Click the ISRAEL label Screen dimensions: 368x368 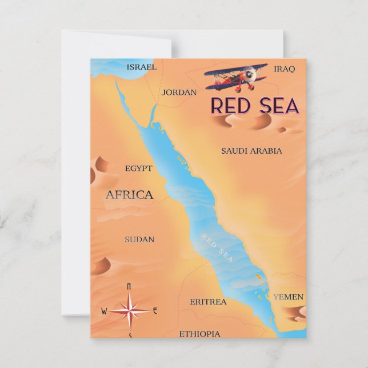[x=141, y=67]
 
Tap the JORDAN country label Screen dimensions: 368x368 [x=179, y=92]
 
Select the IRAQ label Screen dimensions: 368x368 [x=284, y=69]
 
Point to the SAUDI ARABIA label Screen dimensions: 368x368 [x=251, y=151]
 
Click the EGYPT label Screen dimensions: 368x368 [x=139, y=168]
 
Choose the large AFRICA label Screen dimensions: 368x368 [x=129, y=194]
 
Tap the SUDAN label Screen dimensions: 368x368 [x=139, y=239]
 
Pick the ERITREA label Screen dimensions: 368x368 [x=208, y=301]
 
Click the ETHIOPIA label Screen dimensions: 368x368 [x=199, y=334]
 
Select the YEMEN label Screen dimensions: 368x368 [x=288, y=297]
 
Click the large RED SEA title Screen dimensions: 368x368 [x=254, y=106]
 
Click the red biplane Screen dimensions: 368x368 [x=235, y=77]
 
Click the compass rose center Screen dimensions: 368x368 [x=130, y=311]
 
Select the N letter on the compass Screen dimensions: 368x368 [x=129, y=286]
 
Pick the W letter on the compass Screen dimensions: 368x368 [x=104, y=311]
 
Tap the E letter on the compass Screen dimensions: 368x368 [x=155, y=311]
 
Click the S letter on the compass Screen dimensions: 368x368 [x=130, y=335]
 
